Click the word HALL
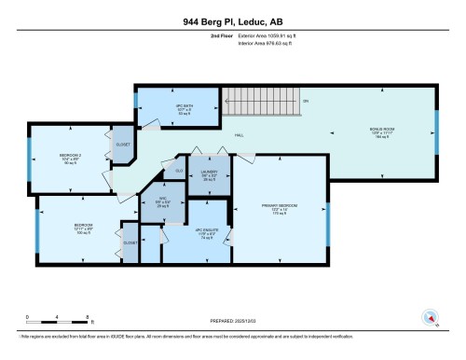pos(238,134)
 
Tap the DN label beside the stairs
pos(308,101)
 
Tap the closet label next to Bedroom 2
pos(123,145)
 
